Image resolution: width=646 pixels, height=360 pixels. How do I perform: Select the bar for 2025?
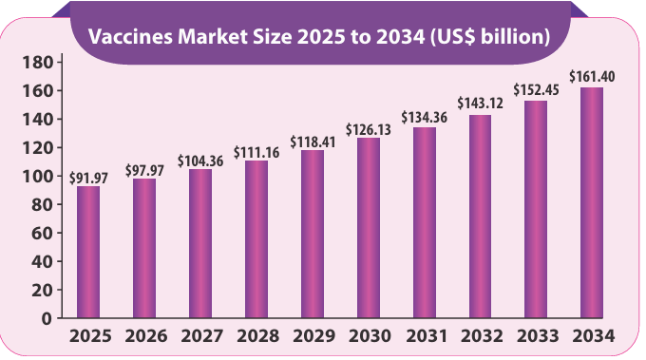point(88,252)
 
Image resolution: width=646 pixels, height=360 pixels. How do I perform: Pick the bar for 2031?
point(425,222)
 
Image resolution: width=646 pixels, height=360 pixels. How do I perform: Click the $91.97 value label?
point(87,177)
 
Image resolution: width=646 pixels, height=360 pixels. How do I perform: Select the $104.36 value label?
point(200,160)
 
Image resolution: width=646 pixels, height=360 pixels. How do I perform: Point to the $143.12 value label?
point(480,105)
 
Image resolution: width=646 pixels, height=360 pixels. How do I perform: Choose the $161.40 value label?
point(592,77)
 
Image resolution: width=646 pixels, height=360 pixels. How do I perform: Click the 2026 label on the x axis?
point(144,336)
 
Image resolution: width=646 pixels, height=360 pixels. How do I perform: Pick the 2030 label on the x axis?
point(369,336)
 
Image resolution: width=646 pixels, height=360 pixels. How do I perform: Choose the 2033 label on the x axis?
point(536,336)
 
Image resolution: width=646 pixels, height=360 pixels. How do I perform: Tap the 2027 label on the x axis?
point(200,336)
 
